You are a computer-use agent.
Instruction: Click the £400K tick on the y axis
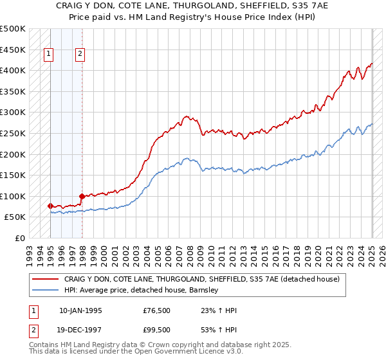[x=13, y=70]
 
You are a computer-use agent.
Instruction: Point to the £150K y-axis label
[x=13, y=175]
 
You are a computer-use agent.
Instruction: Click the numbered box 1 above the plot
[x=50, y=55]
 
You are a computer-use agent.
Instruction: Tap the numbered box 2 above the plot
[x=80, y=55]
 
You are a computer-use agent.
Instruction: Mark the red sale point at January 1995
[x=50, y=206]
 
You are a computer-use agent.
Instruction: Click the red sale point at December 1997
[x=82, y=196]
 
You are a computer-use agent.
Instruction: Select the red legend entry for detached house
[x=206, y=279]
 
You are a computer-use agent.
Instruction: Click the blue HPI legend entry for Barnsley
[x=142, y=290]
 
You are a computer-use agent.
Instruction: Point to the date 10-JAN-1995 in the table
[x=80, y=310]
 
